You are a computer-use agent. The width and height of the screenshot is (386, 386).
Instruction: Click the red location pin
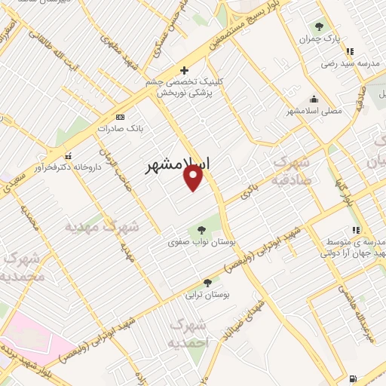pos(194,178)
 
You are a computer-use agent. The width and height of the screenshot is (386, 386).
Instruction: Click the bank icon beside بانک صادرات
pos(119,117)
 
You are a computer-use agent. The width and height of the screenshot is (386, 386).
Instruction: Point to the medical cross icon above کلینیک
pos(183,70)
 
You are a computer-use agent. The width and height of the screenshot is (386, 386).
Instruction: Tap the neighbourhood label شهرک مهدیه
pos(102,226)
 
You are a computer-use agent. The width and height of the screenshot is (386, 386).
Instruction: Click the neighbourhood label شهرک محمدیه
pos(24,268)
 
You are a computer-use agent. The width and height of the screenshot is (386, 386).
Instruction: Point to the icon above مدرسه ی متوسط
pos(354,230)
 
